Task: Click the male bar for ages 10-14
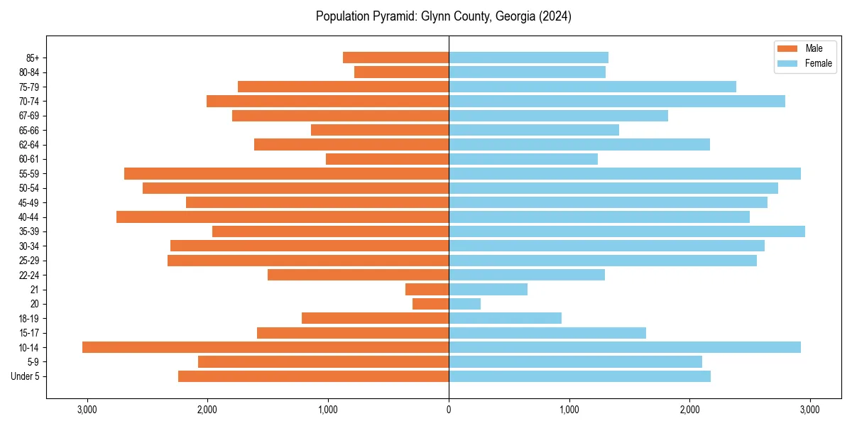266,347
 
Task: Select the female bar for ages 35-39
627,231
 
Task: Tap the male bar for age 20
430,304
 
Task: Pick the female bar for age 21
488,289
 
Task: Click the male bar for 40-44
283,217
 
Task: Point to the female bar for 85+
528,58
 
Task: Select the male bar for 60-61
387,159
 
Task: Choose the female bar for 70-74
617,101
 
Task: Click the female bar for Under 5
579,376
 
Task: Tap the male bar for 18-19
375,318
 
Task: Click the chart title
443,16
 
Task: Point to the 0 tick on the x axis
449,410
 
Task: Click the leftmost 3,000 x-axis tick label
87,410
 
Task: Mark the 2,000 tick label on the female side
689,410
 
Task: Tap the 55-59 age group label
29,173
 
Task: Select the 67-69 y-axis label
29,116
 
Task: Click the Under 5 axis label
25,376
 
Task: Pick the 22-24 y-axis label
29,275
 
